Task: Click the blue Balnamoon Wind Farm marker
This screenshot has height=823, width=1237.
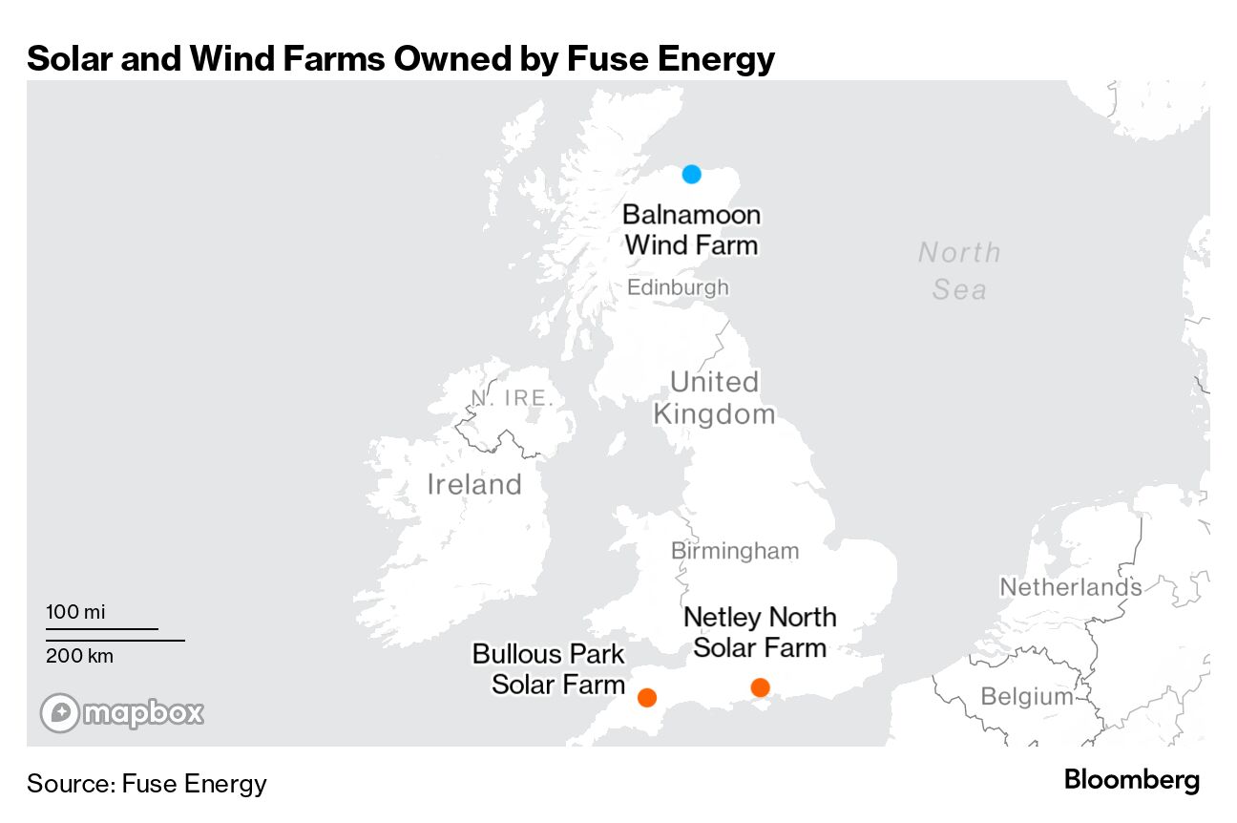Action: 692,174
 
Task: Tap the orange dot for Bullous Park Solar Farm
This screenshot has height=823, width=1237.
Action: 647,697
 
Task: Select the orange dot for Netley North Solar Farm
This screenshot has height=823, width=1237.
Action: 760,687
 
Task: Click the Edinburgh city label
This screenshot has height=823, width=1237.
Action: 678,287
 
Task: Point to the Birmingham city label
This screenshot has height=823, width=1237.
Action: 735,551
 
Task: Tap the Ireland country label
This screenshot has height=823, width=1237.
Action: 474,484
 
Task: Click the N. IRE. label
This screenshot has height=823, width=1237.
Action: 513,398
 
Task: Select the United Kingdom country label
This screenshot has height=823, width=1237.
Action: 714,398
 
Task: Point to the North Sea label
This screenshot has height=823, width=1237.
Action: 959,271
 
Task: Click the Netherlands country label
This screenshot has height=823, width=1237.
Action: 1070,587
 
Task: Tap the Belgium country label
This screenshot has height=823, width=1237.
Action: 1027,696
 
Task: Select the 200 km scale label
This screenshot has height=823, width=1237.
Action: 79,656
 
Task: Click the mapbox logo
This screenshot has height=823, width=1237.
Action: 122,712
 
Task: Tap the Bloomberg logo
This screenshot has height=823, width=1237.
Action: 1132,780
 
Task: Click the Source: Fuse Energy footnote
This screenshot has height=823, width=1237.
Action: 147,784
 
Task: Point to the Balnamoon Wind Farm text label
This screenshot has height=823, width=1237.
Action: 691,229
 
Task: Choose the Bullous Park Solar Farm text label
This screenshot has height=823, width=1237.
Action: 550,669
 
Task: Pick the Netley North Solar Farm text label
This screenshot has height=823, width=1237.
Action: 760,632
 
